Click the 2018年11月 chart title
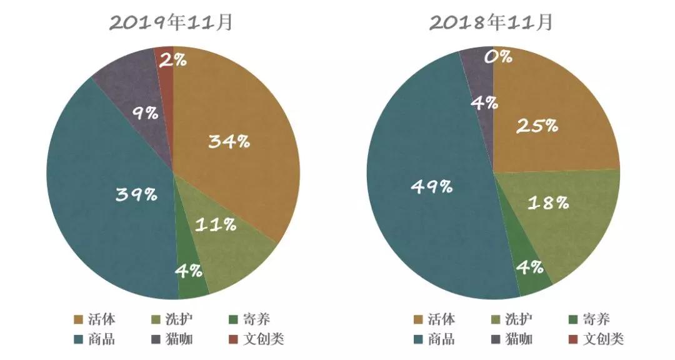point(491,23)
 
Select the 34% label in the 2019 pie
point(229,142)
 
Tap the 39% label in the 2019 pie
point(136,194)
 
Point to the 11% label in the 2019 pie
point(216,224)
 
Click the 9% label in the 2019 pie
point(145,114)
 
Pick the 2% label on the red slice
point(172,60)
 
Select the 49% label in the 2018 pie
point(431,186)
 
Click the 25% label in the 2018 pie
point(537,126)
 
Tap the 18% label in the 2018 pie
point(548,202)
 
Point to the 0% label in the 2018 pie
point(498,57)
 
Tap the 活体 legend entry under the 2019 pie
point(94,319)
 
